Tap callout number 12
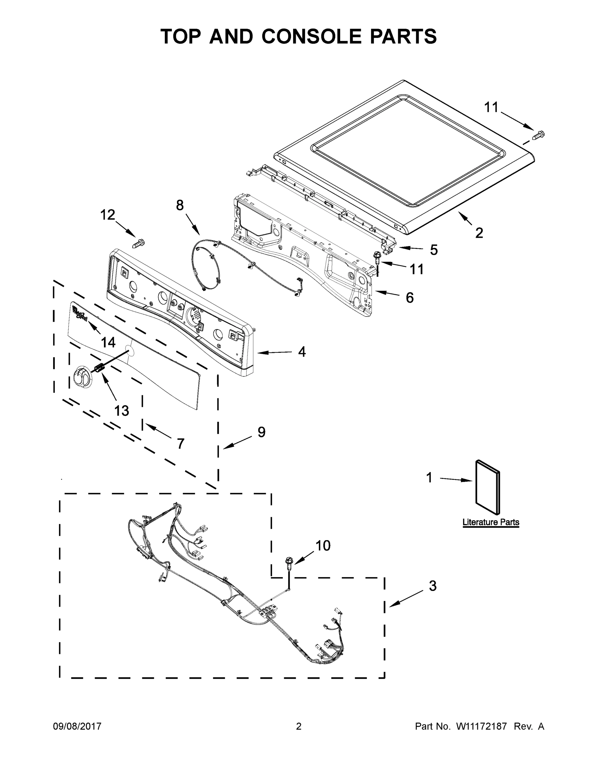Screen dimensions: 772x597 [x=108, y=215]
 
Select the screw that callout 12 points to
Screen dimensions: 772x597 [x=138, y=243]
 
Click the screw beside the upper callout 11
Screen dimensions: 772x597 [x=539, y=135]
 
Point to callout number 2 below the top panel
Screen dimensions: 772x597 [x=479, y=233]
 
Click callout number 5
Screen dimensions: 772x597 [x=434, y=250]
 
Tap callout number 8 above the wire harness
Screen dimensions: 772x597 [x=180, y=205]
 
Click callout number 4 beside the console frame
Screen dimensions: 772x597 [x=302, y=351]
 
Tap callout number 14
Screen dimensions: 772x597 [x=108, y=342]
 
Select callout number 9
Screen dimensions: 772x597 [x=261, y=432]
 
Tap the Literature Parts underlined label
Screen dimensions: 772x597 [x=490, y=522]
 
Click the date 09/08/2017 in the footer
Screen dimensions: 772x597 [x=77, y=726]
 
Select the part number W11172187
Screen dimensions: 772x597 [x=481, y=726]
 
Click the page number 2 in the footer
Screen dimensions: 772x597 [x=299, y=726]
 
